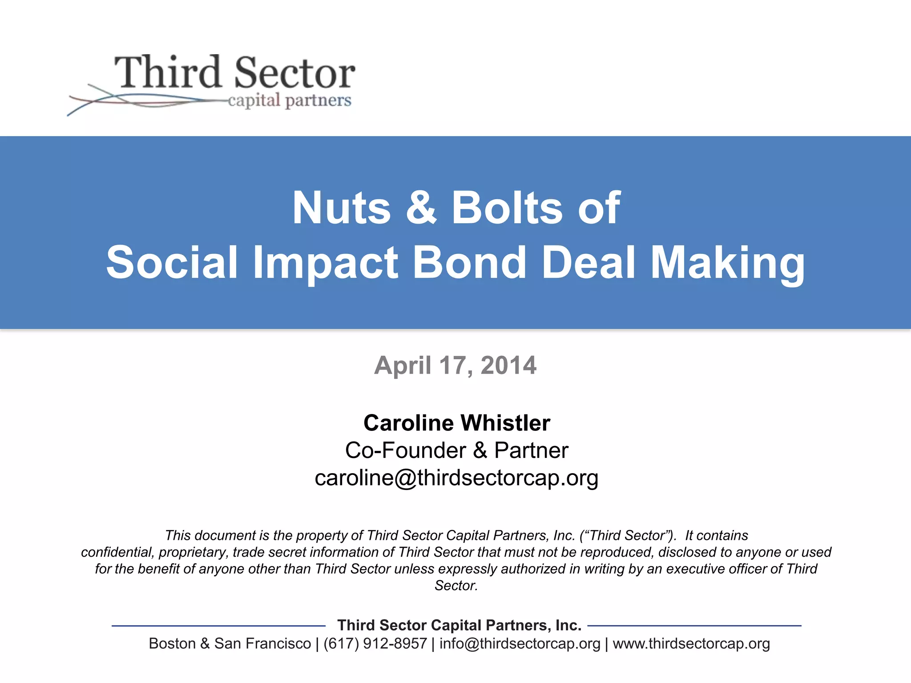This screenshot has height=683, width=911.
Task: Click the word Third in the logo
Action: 168,72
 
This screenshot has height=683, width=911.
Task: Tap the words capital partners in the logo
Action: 290,100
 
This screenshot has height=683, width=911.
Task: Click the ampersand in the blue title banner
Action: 421,208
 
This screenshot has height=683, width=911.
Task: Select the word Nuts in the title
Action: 341,208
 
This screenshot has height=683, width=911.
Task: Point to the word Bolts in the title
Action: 507,208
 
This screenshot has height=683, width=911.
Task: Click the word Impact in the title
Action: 325,263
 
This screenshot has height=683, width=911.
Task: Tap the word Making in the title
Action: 727,263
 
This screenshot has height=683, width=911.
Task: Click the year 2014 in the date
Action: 508,366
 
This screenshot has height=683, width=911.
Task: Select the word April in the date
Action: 403,366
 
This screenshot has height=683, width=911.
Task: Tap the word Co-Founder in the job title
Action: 405,450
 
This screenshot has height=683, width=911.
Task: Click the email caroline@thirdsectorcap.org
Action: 456,478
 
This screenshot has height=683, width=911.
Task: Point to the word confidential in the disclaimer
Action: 117,552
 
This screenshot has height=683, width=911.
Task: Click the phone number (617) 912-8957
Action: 375,644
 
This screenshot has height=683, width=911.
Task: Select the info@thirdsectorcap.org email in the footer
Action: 520,644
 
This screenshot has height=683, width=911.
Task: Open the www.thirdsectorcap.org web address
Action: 691,644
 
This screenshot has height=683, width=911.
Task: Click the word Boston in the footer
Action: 172,644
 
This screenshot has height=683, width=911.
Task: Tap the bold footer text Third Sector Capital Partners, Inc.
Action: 459,625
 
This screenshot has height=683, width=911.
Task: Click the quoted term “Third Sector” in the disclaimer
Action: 628,535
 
